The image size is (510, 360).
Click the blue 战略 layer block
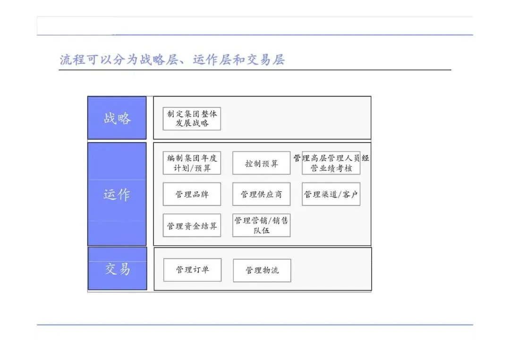pyautogui.click(x=117, y=118)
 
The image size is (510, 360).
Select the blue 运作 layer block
pyautogui.click(x=117, y=194)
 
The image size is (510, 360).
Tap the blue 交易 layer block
pyautogui.click(x=117, y=268)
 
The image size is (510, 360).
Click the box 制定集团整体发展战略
pyautogui.click(x=192, y=119)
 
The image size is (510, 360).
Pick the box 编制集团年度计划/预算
pyautogui.click(x=192, y=163)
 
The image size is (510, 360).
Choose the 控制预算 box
pyautogui.click(x=261, y=163)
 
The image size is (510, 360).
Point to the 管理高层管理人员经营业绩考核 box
pyautogui.click(x=331, y=163)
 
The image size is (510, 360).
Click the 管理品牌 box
pyautogui.click(x=192, y=194)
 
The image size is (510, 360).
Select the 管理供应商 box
pyautogui.click(x=261, y=194)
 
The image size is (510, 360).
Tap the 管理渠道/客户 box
pyautogui.click(x=331, y=194)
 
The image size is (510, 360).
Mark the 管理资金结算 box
pyautogui.click(x=192, y=226)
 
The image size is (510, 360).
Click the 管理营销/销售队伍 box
pyautogui.click(x=261, y=226)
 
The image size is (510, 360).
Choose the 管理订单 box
pyautogui.click(x=192, y=270)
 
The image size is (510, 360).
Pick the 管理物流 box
pyautogui.click(x=262, y=270)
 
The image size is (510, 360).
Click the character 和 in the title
pyautogui.click(x=239, y=60)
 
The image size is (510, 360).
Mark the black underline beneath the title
pyautogui.click(x=255, y=70)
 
